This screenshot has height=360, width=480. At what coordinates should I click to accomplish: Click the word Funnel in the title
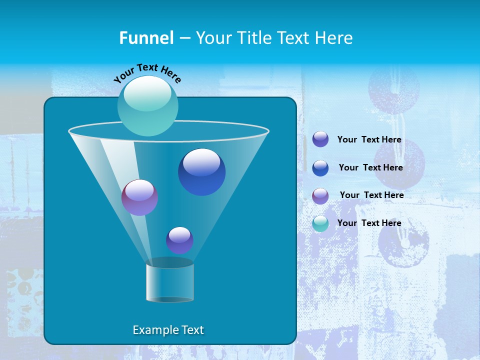[146, 38]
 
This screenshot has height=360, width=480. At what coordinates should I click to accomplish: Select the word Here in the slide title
[334, 38]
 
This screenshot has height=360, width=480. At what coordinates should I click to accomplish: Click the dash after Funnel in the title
[184, 38]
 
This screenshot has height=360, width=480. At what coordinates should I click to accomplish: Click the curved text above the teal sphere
[147, 72]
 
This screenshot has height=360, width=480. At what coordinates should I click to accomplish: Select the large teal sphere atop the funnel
[147, 106]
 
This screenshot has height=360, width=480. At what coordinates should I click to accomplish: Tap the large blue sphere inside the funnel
[201, 173]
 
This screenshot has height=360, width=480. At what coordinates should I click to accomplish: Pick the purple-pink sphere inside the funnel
[139, 197]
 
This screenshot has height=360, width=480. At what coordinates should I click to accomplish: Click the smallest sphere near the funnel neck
[179, 240]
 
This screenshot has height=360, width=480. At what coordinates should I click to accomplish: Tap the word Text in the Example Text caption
[192, 330]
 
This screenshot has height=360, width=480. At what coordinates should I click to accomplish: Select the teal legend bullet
[320, 224]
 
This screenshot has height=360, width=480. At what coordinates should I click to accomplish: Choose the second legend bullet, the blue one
[320, 168]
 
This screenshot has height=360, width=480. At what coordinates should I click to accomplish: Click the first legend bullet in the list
[320, 139]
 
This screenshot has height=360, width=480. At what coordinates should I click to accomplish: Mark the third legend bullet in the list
[320, 196]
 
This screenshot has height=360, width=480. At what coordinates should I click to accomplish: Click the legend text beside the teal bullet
[369, 223]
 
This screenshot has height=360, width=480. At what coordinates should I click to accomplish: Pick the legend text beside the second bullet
[370, 167]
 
